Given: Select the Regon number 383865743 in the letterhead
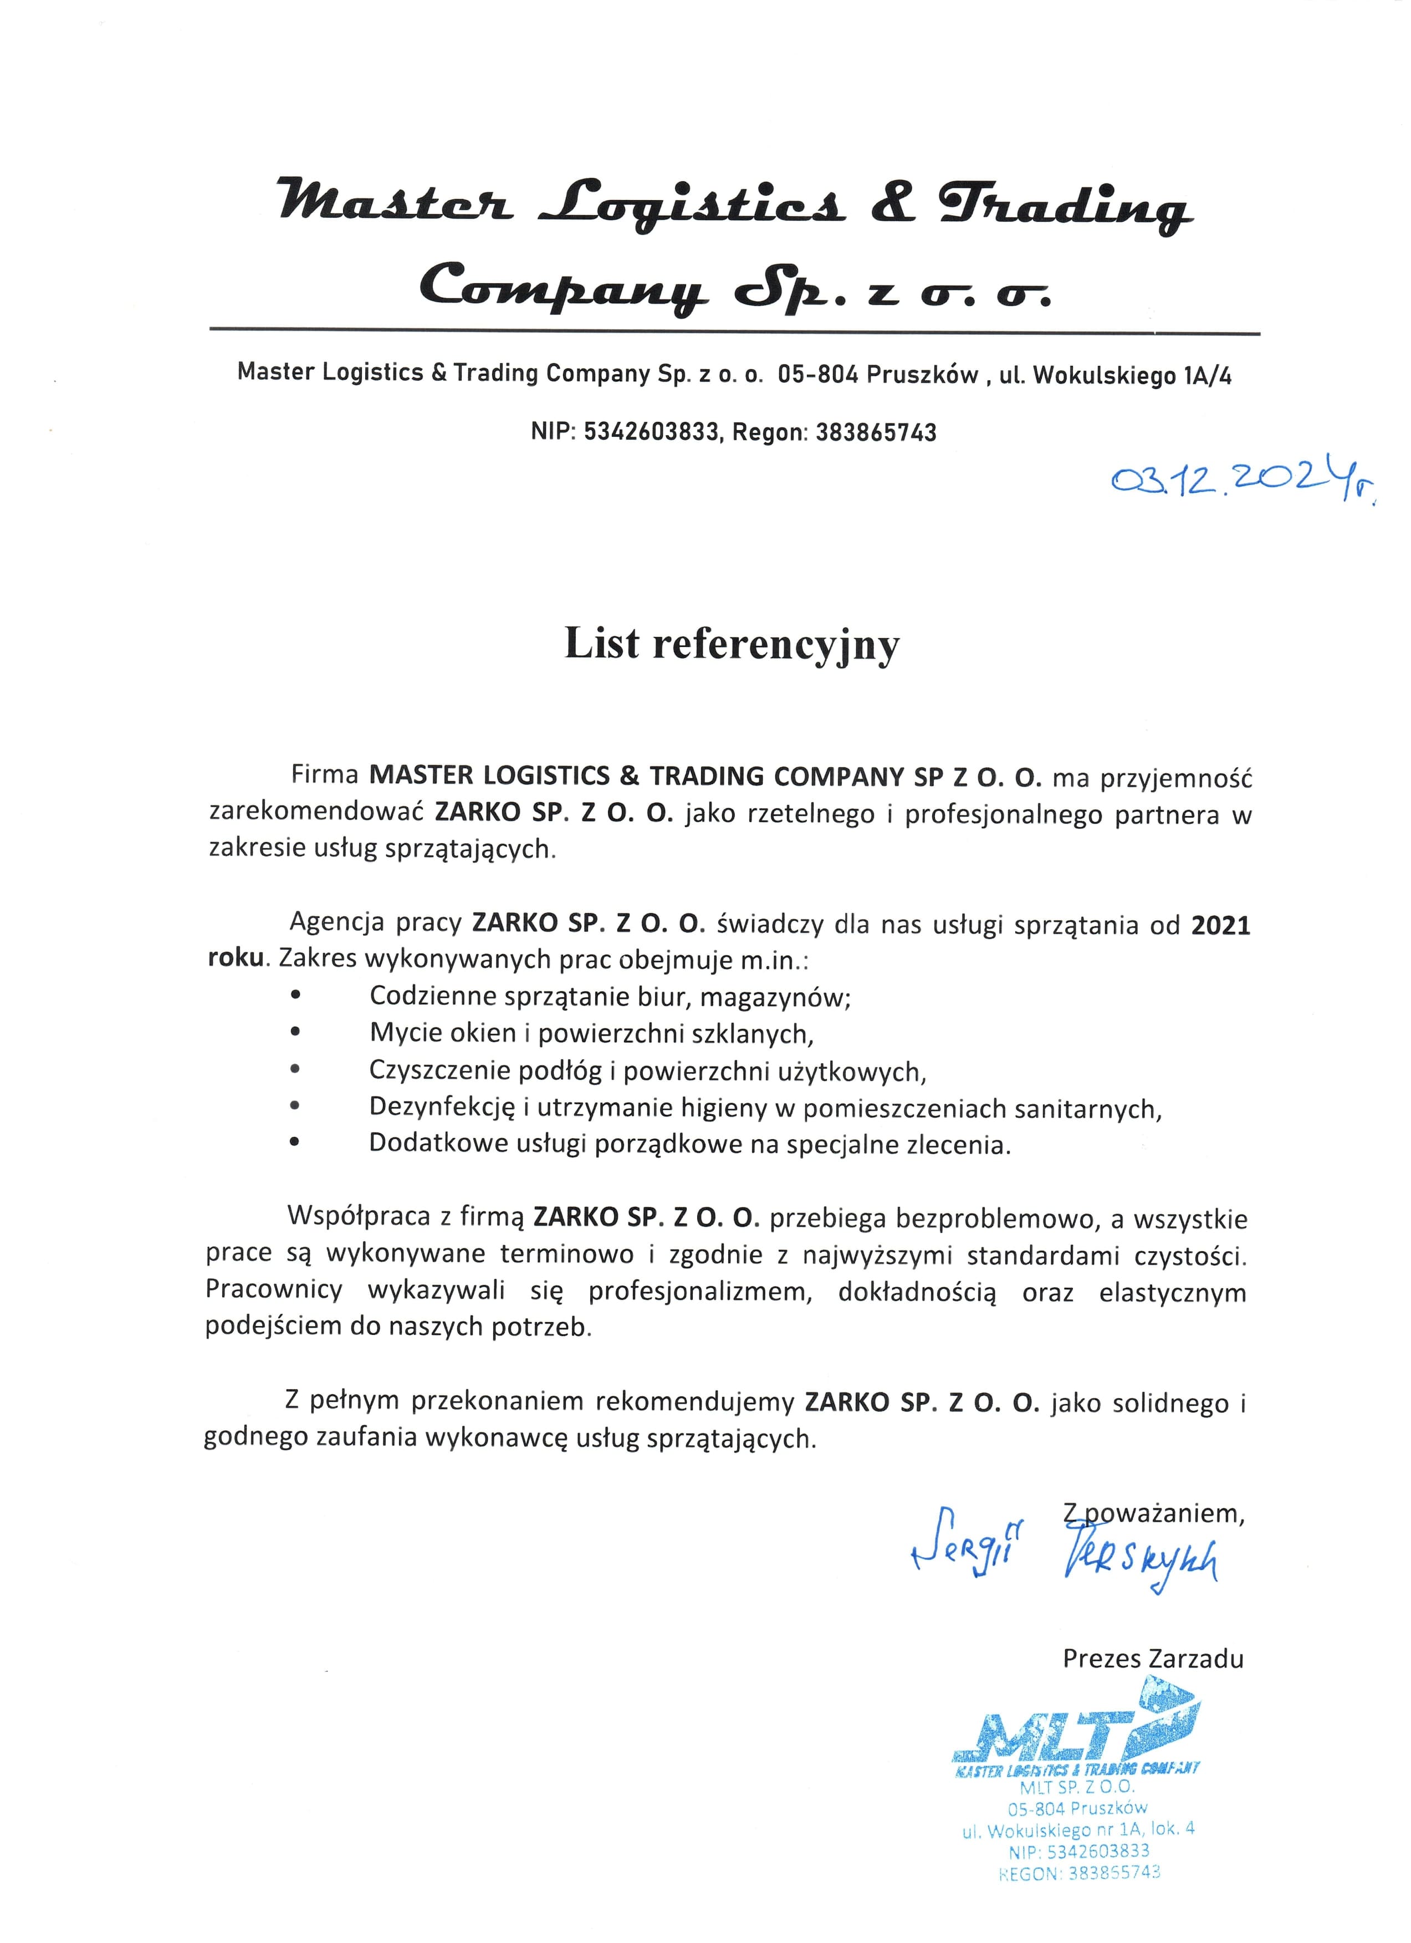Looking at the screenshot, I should [x=876, y=432].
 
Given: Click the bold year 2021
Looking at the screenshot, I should [x=1221, y=925].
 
